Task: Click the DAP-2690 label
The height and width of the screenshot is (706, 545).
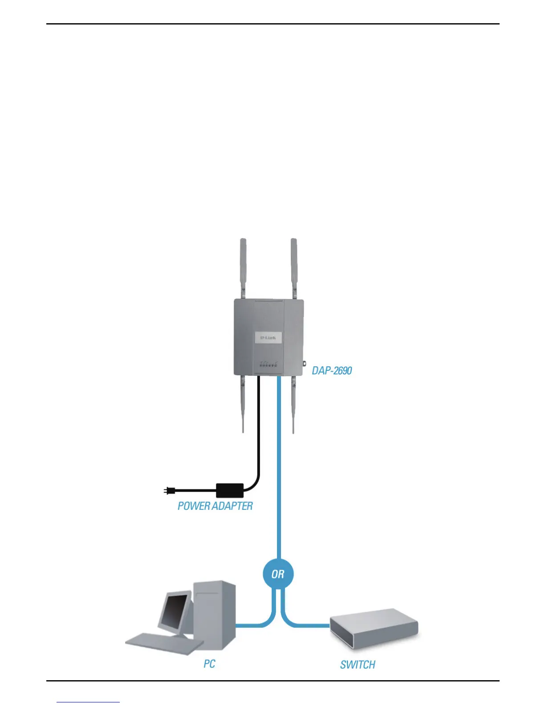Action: point(332,370)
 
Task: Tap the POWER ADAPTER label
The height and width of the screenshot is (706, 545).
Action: point(215,506)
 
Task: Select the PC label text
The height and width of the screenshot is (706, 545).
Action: point(209,664)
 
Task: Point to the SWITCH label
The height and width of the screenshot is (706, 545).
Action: point(358,665)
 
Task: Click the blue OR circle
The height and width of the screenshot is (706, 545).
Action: point(278,574)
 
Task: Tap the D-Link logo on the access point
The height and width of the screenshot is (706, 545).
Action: point(268,337)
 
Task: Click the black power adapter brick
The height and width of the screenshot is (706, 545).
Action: point(230,490)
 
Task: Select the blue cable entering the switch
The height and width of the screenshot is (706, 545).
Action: point(307,625)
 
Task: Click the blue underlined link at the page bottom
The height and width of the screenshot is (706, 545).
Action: point(88,702)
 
